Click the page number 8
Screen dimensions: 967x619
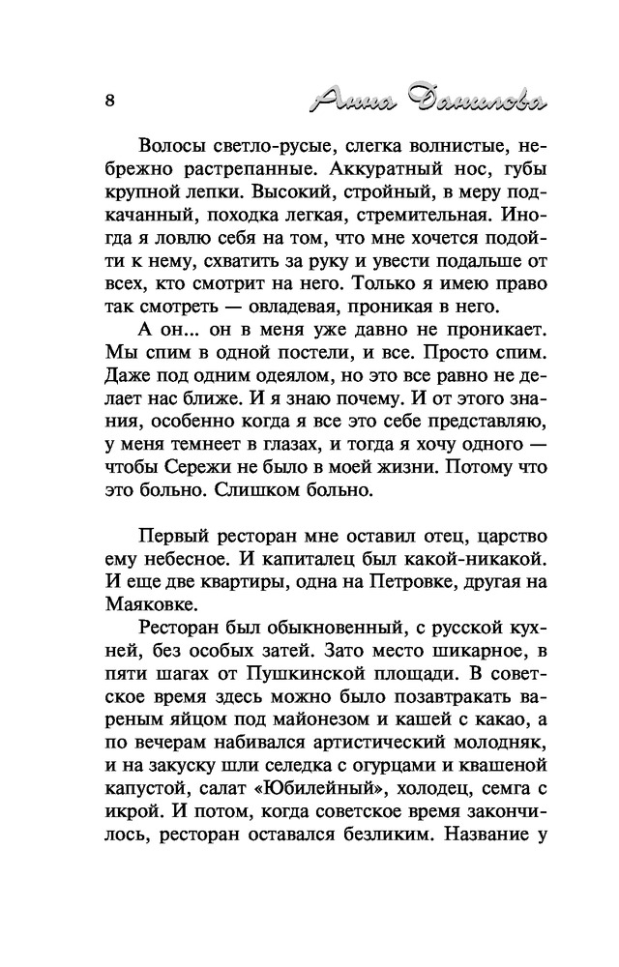click(110, 100)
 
